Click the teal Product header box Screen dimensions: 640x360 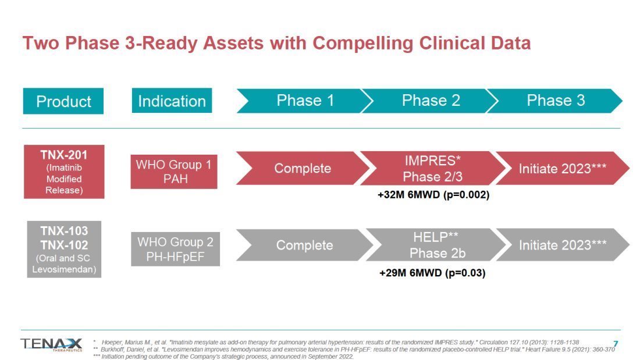[x=63, y=101]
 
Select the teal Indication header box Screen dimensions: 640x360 [x=172, y=101]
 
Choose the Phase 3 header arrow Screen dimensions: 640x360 [x=555, y=101]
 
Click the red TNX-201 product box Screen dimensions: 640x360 [x=64, y=172]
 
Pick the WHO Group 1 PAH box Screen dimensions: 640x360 [x=174, y=172]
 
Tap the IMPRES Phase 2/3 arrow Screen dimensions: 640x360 [x=433, y=168]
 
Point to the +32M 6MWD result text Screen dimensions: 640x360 [x=433, y=195]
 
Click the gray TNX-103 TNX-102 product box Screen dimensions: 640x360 [x=64, y=249]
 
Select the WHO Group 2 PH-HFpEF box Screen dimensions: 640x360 [x=176, y=249]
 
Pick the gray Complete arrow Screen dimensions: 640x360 [x=304, y=245]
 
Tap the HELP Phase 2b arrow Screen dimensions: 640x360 [x=436, y=245]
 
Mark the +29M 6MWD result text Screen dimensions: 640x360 [x=433, y=273]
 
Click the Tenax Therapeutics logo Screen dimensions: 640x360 [x=51, y=344]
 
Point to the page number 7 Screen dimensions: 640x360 [x=616, y=344]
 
